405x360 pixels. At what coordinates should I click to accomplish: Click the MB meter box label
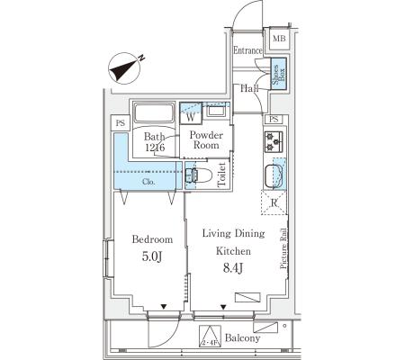pos(279,39)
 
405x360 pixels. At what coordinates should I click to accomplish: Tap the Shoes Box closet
pos(279,73)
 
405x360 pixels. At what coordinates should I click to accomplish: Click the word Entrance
pos(247,50)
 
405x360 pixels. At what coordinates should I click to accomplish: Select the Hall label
pos(249,88)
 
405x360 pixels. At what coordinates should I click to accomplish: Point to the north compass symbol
pos(125,68)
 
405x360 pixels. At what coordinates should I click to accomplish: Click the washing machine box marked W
pos(191,117)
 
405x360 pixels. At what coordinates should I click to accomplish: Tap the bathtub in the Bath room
pos(154,113)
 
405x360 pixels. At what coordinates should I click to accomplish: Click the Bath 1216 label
pos(155,141)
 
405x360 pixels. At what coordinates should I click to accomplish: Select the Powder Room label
pos(206,140)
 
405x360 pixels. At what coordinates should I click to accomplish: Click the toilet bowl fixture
pos(199,175)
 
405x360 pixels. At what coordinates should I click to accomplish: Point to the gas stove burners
pos(274,141)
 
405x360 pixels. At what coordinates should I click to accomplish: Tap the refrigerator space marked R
pos(274,202)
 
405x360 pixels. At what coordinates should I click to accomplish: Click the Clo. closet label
pos(148,182)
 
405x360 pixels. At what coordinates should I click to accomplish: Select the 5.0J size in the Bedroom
pos(152,256)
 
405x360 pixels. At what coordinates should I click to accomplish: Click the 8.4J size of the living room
pos(233,267)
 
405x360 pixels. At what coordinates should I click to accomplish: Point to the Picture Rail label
pos(283,248)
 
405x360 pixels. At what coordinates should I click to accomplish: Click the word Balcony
pos(242,338)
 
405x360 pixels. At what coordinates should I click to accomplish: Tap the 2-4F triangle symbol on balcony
pos(210,337)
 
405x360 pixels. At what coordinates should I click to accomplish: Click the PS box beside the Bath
pos(121,123)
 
